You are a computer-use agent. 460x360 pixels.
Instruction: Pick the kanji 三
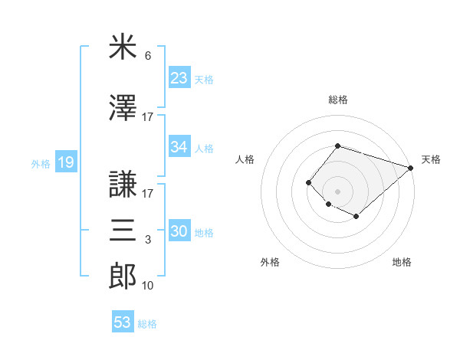click(123, 228)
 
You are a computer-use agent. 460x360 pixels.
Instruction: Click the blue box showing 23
click(179, 77)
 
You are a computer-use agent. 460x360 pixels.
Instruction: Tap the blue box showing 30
click(179, 231)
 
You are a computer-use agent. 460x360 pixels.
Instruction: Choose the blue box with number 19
click(65, 162)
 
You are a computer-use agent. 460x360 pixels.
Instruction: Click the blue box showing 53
click(123, 322)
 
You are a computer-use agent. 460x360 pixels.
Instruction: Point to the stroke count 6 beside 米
click(148, 56)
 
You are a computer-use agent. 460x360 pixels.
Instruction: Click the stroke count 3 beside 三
click(148, 240)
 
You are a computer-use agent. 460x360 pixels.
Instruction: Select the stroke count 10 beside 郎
click(148, 286)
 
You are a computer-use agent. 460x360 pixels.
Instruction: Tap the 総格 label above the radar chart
click(337, 100)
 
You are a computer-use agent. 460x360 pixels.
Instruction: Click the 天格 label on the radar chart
click(431, 159)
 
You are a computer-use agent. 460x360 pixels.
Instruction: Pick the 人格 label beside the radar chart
click(245, 159)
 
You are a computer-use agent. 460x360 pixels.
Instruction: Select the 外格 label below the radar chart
click(270, 262)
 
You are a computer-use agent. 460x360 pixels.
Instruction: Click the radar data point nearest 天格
click(412, 169)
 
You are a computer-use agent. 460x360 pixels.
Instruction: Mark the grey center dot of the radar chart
click(337, 191)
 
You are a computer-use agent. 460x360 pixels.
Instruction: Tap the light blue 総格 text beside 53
click(147, 324)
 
